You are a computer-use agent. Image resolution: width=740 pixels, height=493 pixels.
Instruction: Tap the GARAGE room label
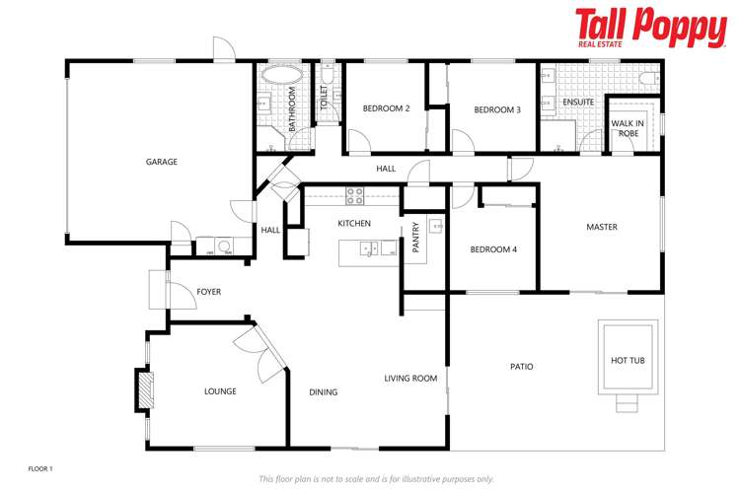(x=162, y=162)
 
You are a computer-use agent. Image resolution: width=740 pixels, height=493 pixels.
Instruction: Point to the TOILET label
(x=324, y=96)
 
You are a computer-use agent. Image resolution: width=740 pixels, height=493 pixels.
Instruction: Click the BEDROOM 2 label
(x=386, y=108)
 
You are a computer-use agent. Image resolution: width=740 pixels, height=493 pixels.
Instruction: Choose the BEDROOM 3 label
(x=496, y=109)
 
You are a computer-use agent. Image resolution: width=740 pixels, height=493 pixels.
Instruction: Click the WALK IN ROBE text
(x=628, y=128)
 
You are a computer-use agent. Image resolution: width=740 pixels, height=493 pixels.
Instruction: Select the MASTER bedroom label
(x=602, y=227)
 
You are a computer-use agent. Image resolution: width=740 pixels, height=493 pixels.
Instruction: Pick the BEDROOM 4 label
(x=493, y=249)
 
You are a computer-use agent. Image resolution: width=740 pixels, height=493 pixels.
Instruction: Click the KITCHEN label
(x=354, y=224)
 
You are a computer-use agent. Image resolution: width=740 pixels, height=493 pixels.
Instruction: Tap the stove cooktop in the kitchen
(x=355, y=194)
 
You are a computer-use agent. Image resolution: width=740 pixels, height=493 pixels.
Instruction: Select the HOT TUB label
(x=628, y=361)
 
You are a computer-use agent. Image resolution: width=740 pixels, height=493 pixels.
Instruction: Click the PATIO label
(x=522, y=367)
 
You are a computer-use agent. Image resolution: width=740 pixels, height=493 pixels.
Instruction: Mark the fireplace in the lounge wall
(x=144, y=388)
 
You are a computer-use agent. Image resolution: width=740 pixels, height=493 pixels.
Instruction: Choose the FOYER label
(x=208, y=292)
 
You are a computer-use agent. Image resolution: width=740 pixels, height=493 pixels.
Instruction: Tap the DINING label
(x=323, y=392)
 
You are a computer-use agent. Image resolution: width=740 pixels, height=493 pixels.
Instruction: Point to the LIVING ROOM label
(x=410, y=378)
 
